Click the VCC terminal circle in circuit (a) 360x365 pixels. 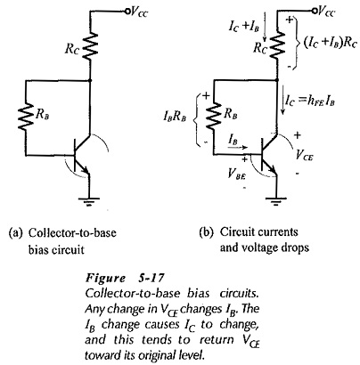(x=127, y=12)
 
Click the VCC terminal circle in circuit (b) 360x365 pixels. (x=314, y=12)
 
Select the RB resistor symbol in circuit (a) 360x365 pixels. (x=26, y=117)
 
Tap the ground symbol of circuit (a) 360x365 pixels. (x=90, y=201)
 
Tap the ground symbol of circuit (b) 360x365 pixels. (x=276, y=201)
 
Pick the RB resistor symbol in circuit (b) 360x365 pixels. (x=214, y=117)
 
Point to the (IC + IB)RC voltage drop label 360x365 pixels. (x=330, y=44)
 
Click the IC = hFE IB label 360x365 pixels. (x=310, y=101)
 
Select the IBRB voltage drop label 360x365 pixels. (x=175, y=117)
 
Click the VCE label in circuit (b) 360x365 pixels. (x=304, y=154)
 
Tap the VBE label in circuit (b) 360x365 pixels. (x=236, y=174)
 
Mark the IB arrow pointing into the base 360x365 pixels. (x=241, y=147)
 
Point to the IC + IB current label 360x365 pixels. (x=244, y=26)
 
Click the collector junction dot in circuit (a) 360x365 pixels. (x=90, y=80)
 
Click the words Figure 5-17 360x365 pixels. (x=125, y=278)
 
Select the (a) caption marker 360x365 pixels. (x=16, y=232)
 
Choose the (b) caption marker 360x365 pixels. (x=206, y=232)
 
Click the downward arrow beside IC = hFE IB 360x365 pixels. (x=282, y=100)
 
